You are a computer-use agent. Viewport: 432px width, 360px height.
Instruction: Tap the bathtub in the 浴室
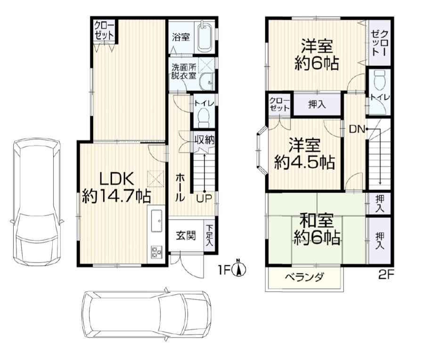click(x=204, y=37)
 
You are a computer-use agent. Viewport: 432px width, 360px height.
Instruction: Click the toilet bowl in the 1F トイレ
click(x=203, y=117)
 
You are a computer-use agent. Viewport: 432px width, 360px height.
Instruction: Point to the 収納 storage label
click(x=204, y=139)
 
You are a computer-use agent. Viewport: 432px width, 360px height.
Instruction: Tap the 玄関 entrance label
click(x=186, y=236)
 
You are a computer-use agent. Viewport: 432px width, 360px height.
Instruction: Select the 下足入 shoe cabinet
click(x=209, y=236)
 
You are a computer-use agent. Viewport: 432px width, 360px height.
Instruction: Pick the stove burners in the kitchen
click(x=156, y=251)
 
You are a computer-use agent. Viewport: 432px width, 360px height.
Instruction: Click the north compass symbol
click(x=239, y=269)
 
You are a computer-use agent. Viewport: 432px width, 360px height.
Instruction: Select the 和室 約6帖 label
click(x=317, y=230)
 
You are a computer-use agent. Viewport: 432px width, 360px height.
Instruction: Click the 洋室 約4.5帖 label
click(x=304, y=153)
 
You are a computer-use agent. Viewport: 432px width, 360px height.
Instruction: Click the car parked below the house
click(x=146, y=312)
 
